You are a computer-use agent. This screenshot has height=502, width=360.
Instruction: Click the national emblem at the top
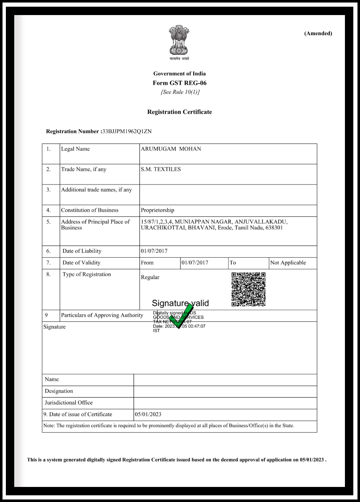pos(179,42)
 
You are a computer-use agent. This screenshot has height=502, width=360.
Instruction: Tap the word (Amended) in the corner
pos(318,33)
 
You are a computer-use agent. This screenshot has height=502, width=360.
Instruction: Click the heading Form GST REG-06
pos(180,83)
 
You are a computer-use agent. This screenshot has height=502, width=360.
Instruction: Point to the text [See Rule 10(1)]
pos(180,92)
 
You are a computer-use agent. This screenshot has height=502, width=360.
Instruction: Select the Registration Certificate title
pos(180,112)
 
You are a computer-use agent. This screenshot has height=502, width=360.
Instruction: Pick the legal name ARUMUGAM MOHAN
pos(171,149)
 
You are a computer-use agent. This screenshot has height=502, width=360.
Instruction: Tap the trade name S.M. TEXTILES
pos(161,169)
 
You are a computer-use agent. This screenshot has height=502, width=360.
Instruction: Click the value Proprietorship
pos(157,210)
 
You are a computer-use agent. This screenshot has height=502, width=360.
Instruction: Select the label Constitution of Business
pos(90,210)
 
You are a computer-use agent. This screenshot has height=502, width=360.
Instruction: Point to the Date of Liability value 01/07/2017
pos(154,251)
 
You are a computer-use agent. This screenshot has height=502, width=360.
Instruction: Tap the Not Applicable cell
pos(288,263)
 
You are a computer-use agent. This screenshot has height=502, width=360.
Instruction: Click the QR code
pos(248,289)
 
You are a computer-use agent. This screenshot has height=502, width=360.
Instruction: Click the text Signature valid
pos(180,303)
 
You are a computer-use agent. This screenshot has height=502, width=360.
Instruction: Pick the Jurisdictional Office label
pos(69,402)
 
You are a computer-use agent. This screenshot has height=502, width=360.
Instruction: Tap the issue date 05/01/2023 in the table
pos(148,414)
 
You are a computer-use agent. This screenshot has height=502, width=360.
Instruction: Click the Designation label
pos(59,391)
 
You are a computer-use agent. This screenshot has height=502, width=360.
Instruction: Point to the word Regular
pos(150,277)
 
